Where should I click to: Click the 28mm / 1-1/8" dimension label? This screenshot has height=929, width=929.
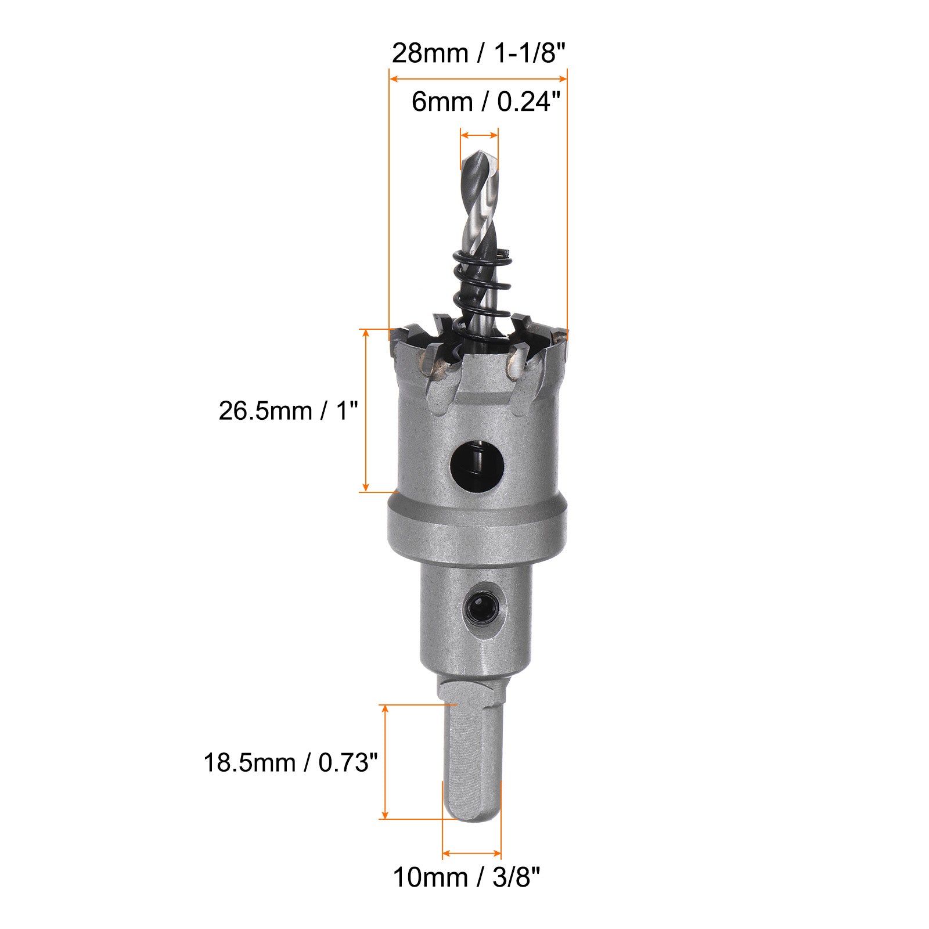tap(478, 53)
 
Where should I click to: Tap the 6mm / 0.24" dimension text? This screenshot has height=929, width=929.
tap(487, 102)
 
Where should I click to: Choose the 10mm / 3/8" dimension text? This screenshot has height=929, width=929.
tap(467, 877)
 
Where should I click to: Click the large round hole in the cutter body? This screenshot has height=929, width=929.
tap(477, 463)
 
